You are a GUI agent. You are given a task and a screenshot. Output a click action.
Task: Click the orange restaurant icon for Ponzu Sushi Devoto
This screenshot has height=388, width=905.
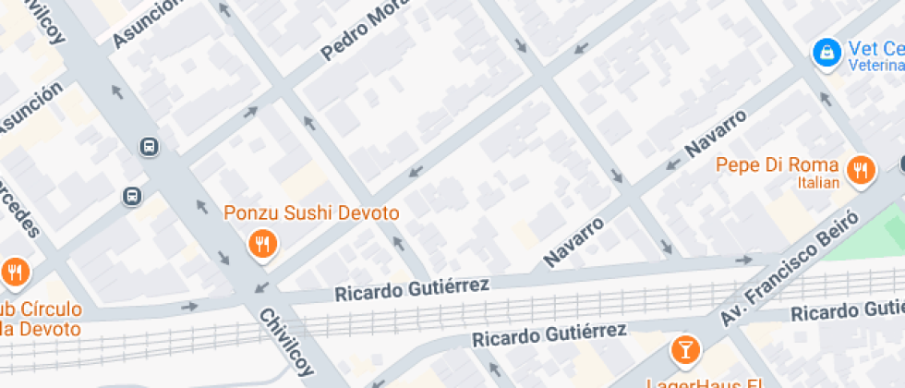(x=263, y=244)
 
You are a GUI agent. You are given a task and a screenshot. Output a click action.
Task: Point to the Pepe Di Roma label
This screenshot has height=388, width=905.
(x=778, y=165)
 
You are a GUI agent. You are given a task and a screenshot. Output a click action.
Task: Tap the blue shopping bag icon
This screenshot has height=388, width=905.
(x=826, y=51)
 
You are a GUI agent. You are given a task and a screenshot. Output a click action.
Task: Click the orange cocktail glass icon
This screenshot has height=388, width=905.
(x=684, y=349)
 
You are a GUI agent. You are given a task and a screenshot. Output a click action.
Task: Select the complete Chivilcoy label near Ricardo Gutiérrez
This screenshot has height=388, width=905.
(x=286, y=343)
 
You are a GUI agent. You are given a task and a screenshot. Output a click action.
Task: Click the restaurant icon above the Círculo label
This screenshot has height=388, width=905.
(x=15, y=272)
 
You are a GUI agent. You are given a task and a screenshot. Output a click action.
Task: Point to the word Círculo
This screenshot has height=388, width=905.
(x=50, y=309)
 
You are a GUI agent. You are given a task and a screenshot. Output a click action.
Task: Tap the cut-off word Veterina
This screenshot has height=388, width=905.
(x=876, y=66)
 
